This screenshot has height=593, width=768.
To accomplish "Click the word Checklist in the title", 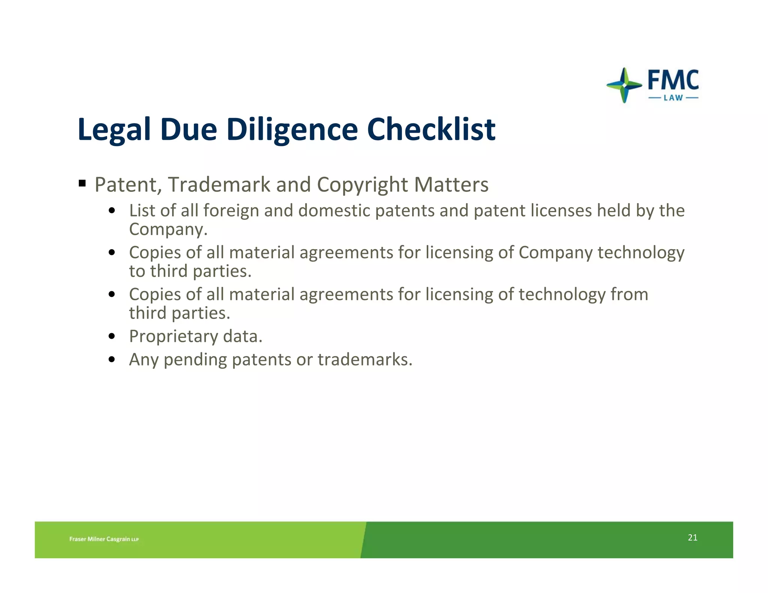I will pyautogui.click(x=431, y=129).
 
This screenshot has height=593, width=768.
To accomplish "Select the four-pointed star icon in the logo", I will pyautogui.click(x=624, y=85).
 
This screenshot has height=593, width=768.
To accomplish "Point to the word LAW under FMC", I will pyautogui.click(x=673, y=98).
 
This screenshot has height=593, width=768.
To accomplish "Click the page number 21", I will pyautogui.click(x=692, y=538).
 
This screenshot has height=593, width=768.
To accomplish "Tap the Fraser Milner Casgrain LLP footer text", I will pyautogui.click(x=104, y=539).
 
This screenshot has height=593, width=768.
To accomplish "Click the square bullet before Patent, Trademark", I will pyautogui.click(x=82, y=184).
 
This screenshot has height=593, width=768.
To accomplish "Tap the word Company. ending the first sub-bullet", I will pyautogui.click(x=168, y=229).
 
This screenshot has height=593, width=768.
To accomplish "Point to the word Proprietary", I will pyautogui.click(x=173, y=337).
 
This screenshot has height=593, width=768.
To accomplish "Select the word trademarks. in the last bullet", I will pyautogui.click(x=365, y=359).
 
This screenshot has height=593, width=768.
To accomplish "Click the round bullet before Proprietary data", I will pyautogui.click(x=111, y=336).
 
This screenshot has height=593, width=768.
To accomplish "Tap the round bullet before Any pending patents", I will pyautogui.click(x=111, y=359).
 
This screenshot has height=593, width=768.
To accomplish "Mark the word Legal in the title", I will pyautogui.click(x=114, y=130).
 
